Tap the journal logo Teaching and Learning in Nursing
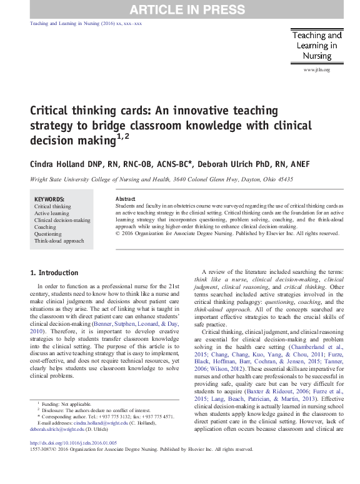pyautogui.click(x=317, y=46)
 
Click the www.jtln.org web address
pyautogui.click(x=316, y=70)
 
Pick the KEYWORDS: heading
pyautogui.click(x=50, y=199)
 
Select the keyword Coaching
pyautogui.click(x=45, y=227)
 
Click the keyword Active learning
pyautogui.click(x=52, y=213)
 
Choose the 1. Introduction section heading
pyautogui.click(x=54, y=273)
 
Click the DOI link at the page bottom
pyautogui.click(x=74, y=442)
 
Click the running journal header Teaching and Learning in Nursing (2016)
pyautogui.click(x=86, y=23)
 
